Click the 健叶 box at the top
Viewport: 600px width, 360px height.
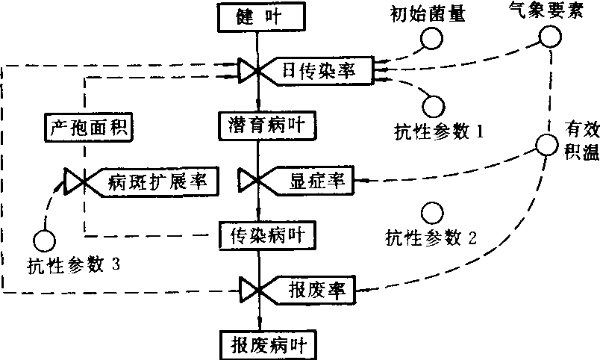tap(257, 15)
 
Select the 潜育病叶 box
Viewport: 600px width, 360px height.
tap(257, 123)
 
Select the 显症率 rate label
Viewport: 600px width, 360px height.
tap(311, 181)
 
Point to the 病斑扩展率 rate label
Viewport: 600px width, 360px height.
tap(154, 181)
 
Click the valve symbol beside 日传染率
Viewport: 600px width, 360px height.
tap(249, 72)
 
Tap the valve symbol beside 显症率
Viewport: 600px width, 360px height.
tap(249, 181)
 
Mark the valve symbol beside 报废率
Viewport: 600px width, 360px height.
tap(249, 288)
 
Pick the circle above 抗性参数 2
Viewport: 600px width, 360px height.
tap(431, 211)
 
